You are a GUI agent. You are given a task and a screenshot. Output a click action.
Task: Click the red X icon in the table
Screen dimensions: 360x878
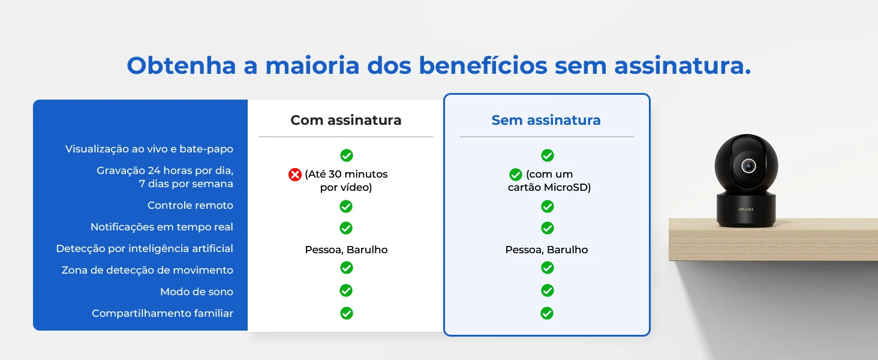295,175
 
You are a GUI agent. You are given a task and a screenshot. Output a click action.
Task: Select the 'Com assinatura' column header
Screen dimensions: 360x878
346,120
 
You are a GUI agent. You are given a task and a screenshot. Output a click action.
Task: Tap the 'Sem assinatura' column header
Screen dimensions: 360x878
546,120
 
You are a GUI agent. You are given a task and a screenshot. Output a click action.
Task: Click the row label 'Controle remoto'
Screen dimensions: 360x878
190,205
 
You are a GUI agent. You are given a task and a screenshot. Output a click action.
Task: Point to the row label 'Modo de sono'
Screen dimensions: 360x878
197,292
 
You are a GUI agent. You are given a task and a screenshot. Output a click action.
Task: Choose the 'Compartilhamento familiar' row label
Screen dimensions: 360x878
163,313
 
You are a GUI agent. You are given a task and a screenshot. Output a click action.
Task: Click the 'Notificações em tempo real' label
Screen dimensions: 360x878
162,227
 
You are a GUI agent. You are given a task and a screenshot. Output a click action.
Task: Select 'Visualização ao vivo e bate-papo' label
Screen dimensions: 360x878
149,149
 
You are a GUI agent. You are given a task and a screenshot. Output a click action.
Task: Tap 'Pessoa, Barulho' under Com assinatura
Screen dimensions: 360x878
346,250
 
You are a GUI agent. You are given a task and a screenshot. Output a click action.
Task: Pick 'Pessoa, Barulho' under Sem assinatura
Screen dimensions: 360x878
546,250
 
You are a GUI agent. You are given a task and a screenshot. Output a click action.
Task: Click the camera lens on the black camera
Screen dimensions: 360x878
748,166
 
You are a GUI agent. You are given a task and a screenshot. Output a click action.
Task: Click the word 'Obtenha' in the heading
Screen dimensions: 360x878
181,65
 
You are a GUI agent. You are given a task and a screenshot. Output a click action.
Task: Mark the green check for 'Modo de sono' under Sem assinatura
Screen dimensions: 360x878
547,290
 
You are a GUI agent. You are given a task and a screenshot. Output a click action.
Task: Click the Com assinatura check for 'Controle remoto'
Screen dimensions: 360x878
346,206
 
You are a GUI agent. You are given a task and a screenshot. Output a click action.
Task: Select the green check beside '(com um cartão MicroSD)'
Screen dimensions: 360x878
516,175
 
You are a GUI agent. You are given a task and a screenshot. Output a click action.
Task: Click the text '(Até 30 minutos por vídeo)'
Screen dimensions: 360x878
346,181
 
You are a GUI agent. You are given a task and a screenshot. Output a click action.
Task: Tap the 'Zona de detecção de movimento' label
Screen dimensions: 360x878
148,270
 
